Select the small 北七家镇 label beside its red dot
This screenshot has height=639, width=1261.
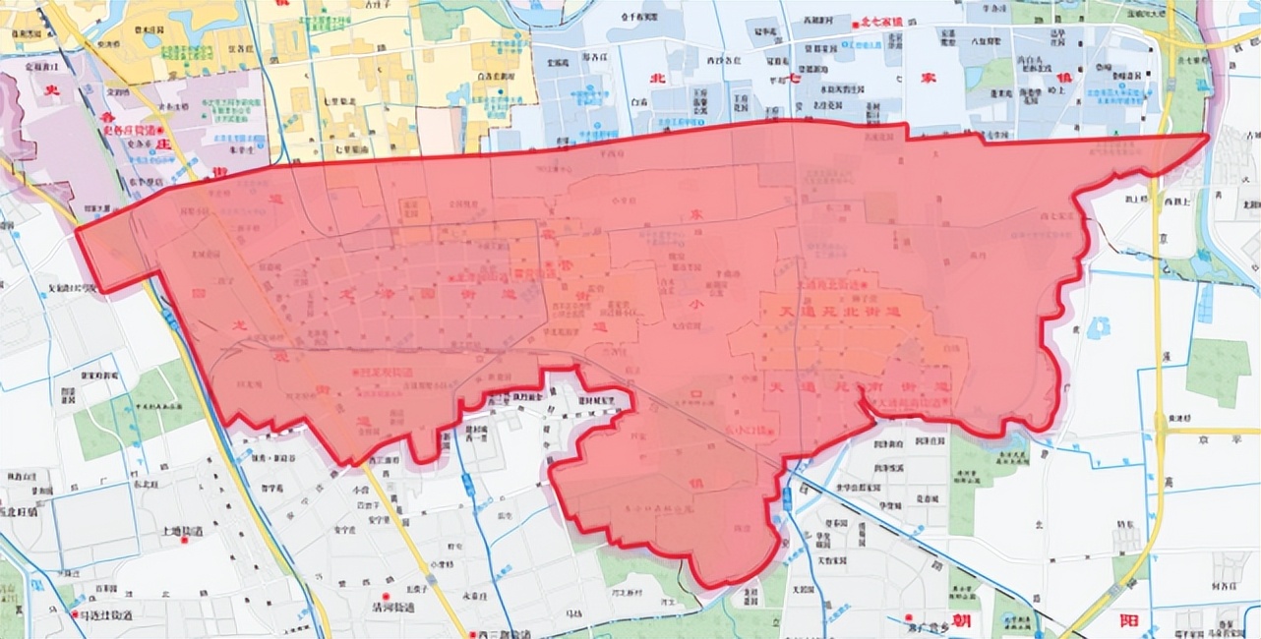point(882,22)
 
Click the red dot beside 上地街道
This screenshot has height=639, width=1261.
point(156,532)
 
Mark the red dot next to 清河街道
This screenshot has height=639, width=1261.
point(388,597)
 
